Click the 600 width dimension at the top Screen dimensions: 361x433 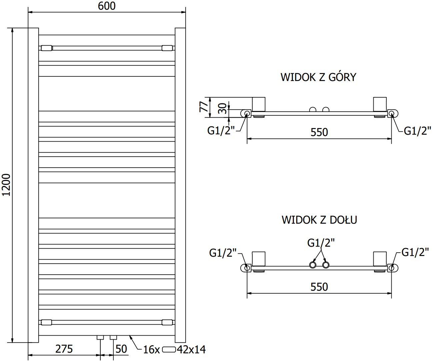(x=107, y=6)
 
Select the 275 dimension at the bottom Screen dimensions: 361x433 (x=64, y=349)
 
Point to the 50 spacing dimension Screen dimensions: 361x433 (x=121, y=349)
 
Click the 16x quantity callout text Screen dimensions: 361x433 (x=151, y=349)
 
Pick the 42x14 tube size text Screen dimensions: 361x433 (x=191, y=349)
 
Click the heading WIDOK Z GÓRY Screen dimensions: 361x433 (x=318, y=77)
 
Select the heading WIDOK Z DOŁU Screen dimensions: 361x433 (x=319, y=220)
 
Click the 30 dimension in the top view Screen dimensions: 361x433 (x=222, y=108)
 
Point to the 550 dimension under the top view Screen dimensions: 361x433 (x=319, y=132)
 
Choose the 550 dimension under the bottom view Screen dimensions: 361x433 (x=319, y=287)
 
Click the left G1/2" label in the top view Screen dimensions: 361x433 (x=221, y=130)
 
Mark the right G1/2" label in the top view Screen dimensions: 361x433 (x=417, y=131)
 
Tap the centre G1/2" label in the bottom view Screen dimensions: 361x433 (x=321, y=243)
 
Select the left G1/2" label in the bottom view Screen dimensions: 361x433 (x=223, y=253)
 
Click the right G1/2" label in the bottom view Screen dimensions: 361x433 (x=415, y=252)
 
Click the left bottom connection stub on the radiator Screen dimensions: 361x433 (x=100, y=337)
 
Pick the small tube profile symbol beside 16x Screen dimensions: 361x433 (x=169, y=350)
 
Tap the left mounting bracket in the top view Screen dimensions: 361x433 (x=259, y=104)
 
